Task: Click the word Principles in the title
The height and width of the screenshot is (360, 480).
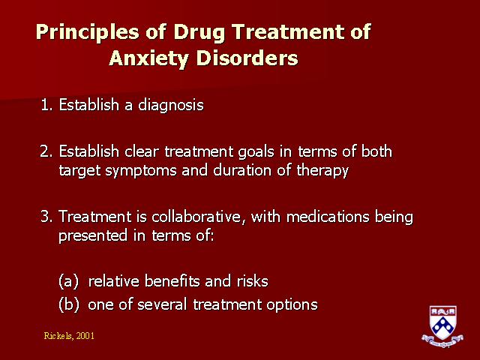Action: pos(88,32)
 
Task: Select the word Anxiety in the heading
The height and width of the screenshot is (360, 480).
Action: pos(148,58)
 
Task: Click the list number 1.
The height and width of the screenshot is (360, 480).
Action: pos(46,105)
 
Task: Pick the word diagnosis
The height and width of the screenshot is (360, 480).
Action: pos(171,106)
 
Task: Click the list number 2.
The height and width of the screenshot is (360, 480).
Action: pos(46,151)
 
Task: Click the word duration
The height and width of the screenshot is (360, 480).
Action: pos(242,170)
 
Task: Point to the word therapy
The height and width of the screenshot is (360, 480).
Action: pos(322,171)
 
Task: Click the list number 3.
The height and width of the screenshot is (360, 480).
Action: pos(46,217)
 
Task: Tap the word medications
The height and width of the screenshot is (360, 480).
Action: pos(328,217)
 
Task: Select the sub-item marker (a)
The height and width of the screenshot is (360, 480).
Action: pos(68,281)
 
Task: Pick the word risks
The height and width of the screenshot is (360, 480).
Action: pos(253,281)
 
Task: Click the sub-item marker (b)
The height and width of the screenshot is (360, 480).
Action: pos(68,304)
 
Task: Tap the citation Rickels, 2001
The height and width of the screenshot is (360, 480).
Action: pos(69,336)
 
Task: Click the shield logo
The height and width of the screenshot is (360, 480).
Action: pos(442,326)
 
